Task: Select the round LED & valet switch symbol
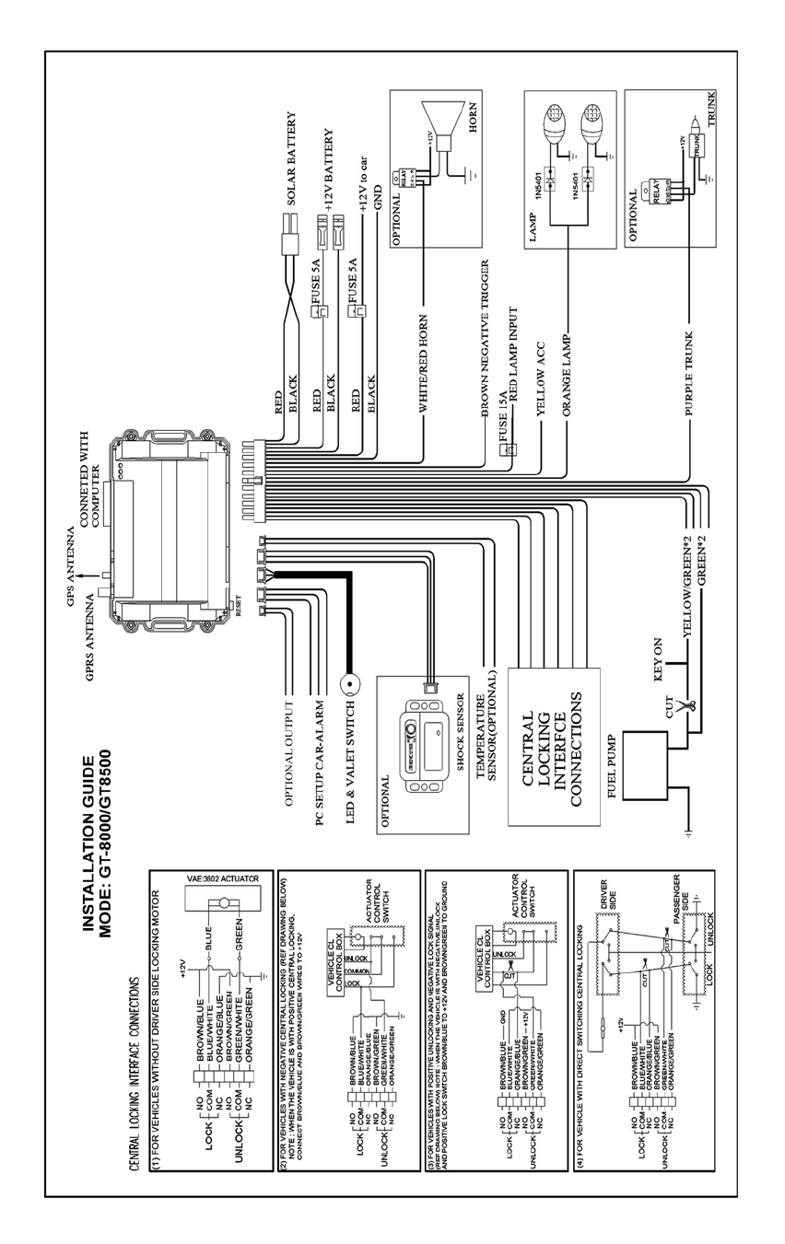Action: tap(351, 685)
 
